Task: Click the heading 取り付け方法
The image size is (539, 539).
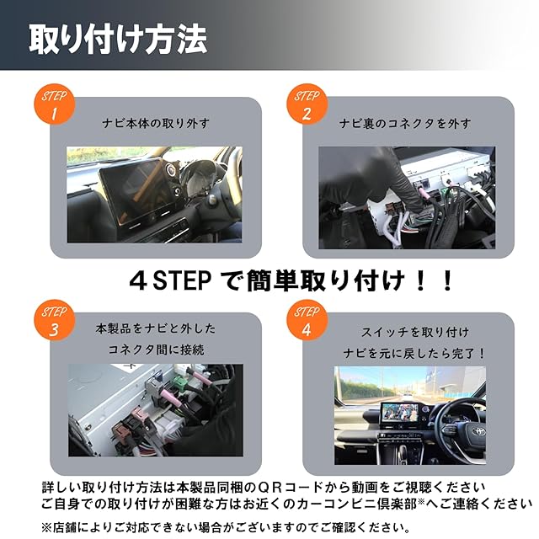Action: coord(118,39)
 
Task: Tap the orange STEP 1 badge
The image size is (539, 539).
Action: coord(54,104)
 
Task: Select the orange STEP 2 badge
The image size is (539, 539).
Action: coord(307,104)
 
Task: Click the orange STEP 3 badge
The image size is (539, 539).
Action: coord(54,320)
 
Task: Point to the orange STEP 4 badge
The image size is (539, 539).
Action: coord(307,320)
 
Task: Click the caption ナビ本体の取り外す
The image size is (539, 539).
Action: coord(156,123)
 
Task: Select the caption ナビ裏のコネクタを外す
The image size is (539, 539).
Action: coord(405,123)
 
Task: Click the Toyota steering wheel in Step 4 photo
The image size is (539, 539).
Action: coord(470,433)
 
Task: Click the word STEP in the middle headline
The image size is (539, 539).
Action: coord(182,280)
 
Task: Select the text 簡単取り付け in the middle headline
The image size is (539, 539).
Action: coord(326,280)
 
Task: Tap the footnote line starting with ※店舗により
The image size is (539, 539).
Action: coord(226,527)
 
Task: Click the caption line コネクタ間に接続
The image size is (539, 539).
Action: coord(156,350)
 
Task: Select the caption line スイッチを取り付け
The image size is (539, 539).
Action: coord(415,332)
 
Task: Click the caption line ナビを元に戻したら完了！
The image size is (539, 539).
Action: coord(414,353)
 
